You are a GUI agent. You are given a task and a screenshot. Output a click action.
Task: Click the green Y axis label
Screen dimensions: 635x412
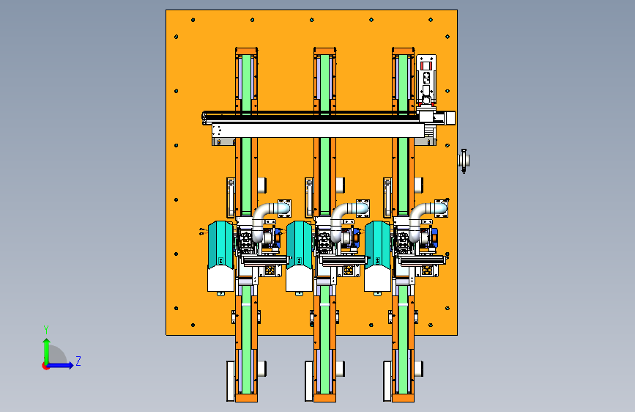pyautogui.click(x=46, y=330)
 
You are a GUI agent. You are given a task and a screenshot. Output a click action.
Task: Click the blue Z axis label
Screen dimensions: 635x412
pyautogui.click(x=78, y=361)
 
